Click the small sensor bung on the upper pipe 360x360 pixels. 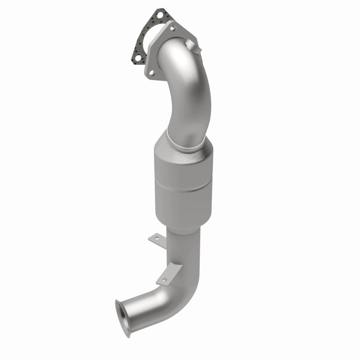192,45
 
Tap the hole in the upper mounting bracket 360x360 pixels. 155,236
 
